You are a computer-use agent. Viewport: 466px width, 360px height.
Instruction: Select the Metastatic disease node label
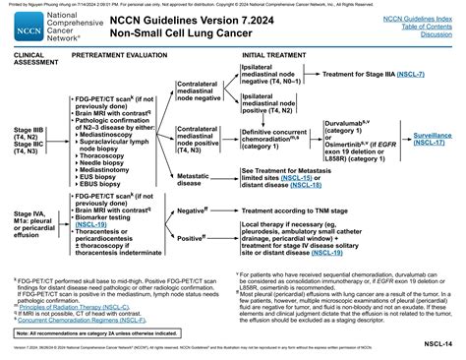[x=196, y=177]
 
